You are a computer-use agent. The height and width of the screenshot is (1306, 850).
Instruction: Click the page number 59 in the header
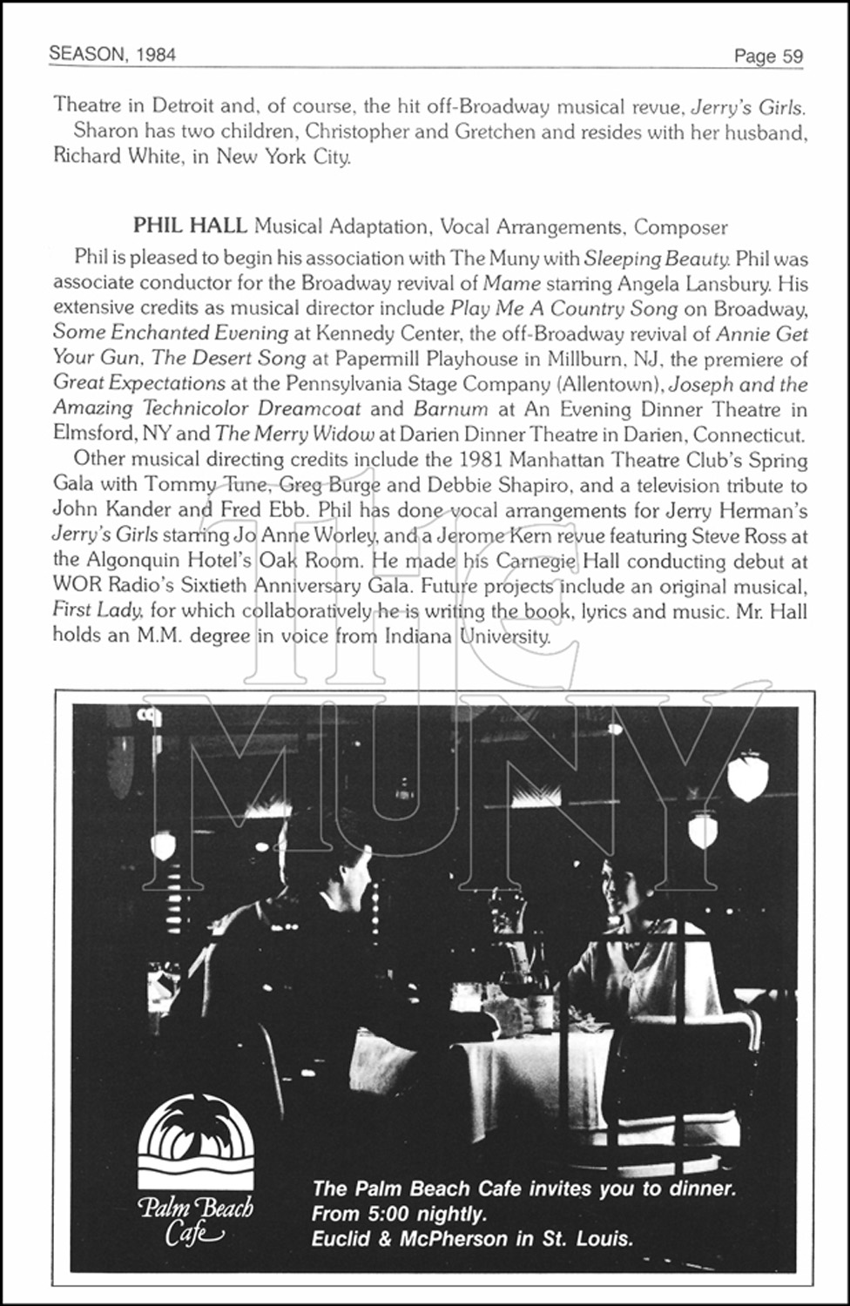tap(792, 57)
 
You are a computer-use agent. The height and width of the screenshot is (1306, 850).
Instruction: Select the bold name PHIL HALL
tap(190, 227)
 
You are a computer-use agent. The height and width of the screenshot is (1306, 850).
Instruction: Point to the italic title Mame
tap(511, 284)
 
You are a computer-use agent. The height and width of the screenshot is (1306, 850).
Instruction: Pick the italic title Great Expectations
tap(139, 383)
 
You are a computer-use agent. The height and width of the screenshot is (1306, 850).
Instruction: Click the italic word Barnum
tap(438, 408)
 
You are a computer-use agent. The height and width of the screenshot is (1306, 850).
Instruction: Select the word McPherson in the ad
tap(453, 1238)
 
